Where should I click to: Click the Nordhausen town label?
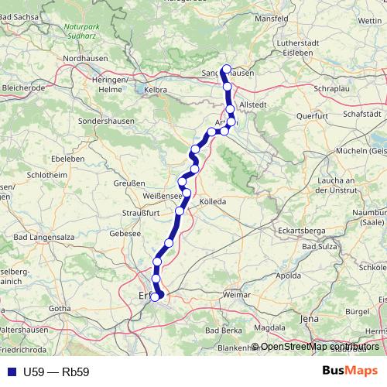[x=84, y=58]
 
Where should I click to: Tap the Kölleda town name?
[x=213, y=201]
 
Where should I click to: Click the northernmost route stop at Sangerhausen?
[x=224, y=69]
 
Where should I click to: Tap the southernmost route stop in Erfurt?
[x=156, y=296]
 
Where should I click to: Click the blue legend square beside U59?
[x=10, y=372]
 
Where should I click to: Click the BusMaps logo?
[x=351, y=371]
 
